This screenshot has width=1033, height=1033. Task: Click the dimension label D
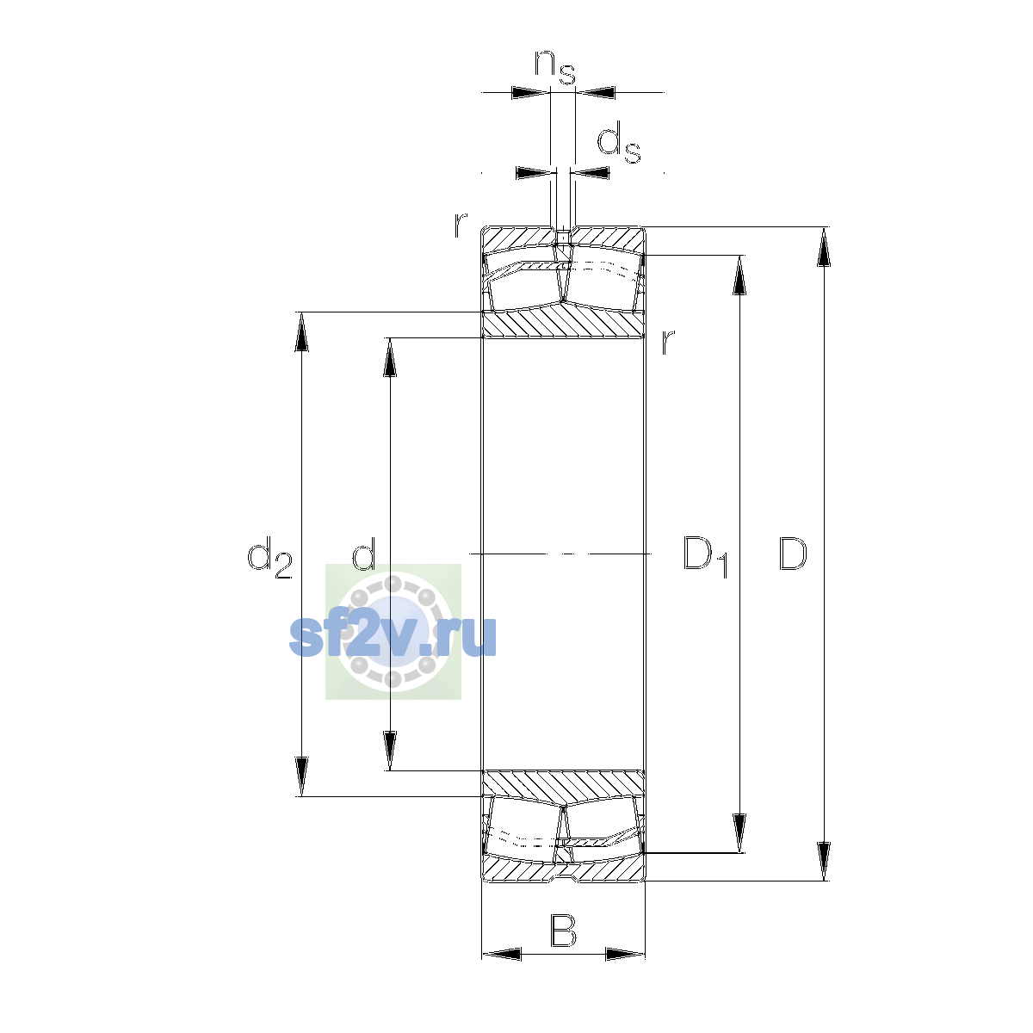(792, 554)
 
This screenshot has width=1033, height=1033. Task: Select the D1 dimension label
(706, 556)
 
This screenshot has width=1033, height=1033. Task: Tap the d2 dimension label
(269, 558)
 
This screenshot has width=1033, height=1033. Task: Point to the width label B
(563, 931)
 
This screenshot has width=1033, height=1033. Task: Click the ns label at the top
(555, 67)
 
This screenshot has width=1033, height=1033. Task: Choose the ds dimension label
(619, 143)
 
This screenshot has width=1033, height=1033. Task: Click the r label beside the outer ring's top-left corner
(460, 226)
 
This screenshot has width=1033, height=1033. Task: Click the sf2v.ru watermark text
(393, 636)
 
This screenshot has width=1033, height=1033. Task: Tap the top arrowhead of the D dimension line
(824, 246)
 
